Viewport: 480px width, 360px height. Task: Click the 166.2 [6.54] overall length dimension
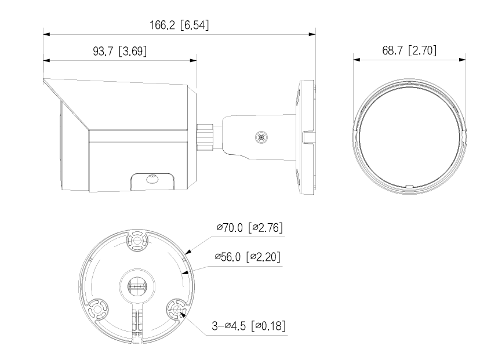click(x=179, y=25)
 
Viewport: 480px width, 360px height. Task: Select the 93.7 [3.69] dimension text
click(x=119, y=51)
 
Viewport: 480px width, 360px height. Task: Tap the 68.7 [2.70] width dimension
click(x=409, y=50)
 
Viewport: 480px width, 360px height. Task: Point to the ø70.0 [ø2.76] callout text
click(x=249, y=227)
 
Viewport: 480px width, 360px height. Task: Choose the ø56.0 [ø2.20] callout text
click(x=248, y=257)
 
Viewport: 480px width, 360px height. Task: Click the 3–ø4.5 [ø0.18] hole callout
click(x=249, y=325)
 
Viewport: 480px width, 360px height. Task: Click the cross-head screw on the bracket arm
click(x=261, y=137)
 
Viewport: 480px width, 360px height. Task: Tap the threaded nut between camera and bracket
click(x=205, y=137)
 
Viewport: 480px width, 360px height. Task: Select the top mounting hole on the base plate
click(x=137, y=241)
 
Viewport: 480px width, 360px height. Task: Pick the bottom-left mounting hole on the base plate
click(x=98, y=309)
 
